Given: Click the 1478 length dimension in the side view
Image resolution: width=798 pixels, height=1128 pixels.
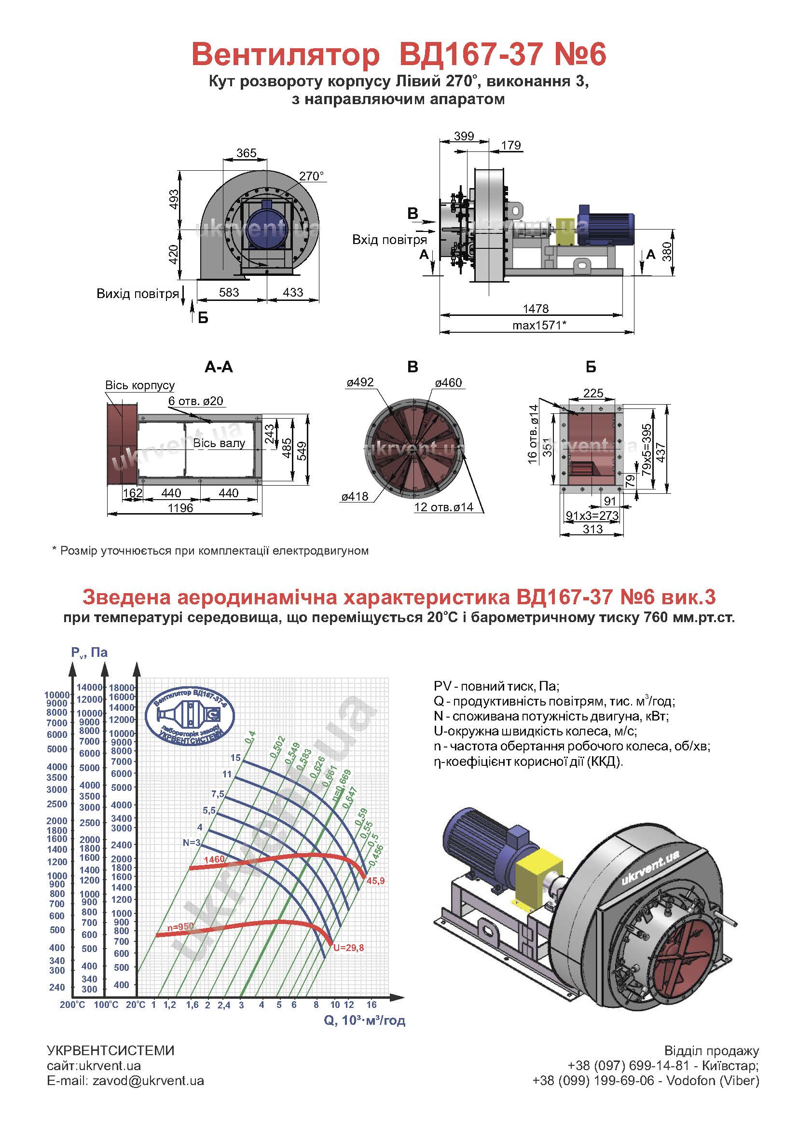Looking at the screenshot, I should tap(535, 309).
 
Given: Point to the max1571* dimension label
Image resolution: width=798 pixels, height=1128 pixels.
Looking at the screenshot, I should tap(539, 325).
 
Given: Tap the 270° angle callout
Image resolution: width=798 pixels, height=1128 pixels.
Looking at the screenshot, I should tap(312, 176).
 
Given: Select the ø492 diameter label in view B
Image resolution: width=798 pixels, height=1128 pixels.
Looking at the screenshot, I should tap(360, 382).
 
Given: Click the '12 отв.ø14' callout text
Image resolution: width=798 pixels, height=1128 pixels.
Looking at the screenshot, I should tap(444, 507).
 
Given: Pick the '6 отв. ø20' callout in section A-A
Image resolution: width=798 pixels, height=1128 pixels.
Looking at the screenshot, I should tap(195, 401).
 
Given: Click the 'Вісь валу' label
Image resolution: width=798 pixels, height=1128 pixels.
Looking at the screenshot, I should tap(219, 443).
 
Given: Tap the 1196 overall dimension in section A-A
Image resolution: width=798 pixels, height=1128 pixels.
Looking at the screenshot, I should tap(180, 507).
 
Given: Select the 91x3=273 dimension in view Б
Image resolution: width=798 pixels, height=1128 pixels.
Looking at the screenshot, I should tap(592, 516).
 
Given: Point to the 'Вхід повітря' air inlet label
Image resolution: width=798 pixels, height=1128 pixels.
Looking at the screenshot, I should tap(389, 240).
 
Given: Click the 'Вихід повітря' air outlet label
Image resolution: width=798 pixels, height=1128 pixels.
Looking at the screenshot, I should tap(138, 294).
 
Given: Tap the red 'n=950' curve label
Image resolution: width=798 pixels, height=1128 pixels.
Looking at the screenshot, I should tap(180, 926).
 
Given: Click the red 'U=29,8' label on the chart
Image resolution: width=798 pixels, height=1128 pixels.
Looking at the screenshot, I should tap(348, 948).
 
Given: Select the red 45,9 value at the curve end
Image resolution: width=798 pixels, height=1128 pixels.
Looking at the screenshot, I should tap(375, 881).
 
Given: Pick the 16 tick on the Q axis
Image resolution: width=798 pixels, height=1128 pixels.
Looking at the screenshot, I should tap(371, 1004).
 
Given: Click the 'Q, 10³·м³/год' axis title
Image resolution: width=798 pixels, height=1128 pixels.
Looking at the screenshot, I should tap(365, 1020).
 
